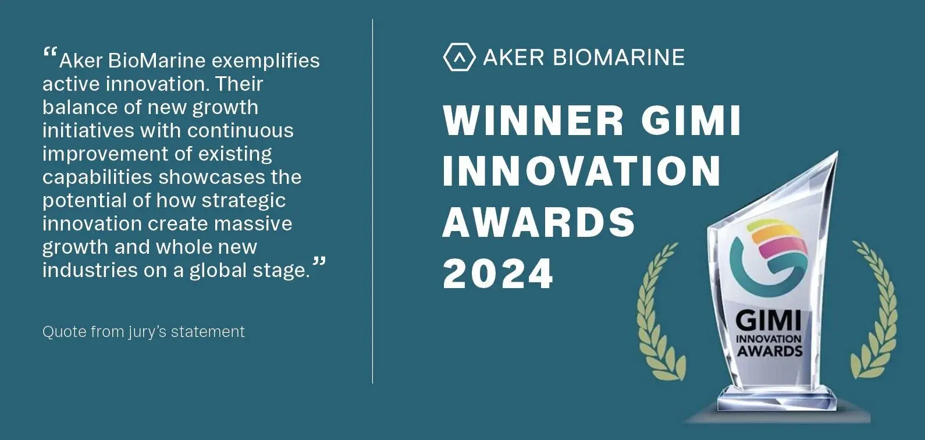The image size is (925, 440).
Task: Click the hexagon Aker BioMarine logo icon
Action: click(x=459, y=57)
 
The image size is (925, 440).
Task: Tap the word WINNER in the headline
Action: click(x=533, y=120)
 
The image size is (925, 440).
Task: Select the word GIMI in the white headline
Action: click(x=691, y=120)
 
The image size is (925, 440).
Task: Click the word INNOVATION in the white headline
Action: click(x=581, y=171)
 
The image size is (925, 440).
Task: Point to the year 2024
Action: click(x=497, y=273)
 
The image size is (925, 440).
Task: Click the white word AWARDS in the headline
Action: click(x=539, y=222)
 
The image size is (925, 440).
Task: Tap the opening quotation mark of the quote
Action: click(x=49, y=52)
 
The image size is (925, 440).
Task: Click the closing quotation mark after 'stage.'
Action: click(x=319, y=261)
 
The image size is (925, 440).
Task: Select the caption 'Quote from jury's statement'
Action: click(x=143, y=332)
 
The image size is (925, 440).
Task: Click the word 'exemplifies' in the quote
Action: click(x=265, y=61)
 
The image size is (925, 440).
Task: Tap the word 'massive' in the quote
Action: click(x=253, y=223)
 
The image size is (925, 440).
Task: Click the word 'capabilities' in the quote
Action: click(x=98, y=178)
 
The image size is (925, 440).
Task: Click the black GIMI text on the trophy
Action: click(x=769, y=321)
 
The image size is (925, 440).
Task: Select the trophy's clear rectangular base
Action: click(x=776, y=399)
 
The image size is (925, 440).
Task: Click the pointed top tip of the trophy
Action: click(x=838, y=152)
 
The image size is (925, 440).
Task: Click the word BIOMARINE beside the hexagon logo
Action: click(x=619, y=58)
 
